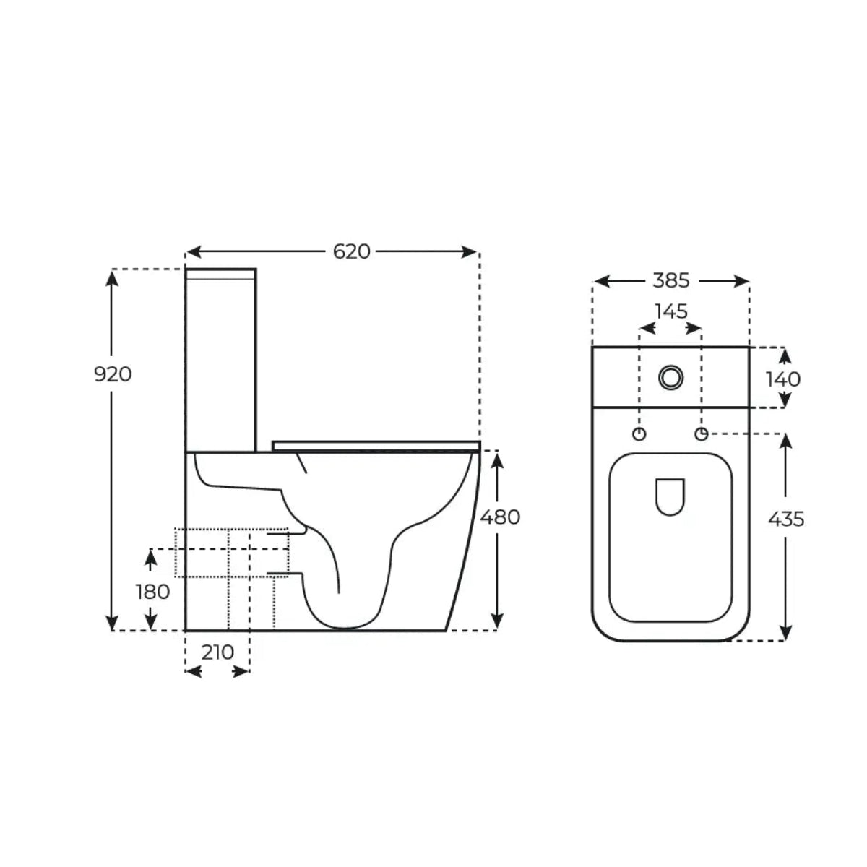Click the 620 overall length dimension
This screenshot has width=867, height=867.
(352, 251)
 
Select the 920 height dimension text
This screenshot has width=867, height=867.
(113, 374)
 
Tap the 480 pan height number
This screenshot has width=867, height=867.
(500, 517)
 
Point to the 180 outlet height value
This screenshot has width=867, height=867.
(153, 592)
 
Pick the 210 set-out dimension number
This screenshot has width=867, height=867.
(217, 652)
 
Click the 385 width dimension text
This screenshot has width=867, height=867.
(671, 280)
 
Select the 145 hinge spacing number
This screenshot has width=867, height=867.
(671, 311)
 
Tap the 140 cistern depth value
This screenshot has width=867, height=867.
(783, 379)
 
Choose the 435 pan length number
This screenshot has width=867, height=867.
(786, 518)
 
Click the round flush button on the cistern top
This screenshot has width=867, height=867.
(671, 376)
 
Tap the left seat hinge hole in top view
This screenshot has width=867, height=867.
(639, 433)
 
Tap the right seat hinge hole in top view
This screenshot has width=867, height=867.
(702, 433)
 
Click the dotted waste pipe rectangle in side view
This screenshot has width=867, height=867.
(231, 553)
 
